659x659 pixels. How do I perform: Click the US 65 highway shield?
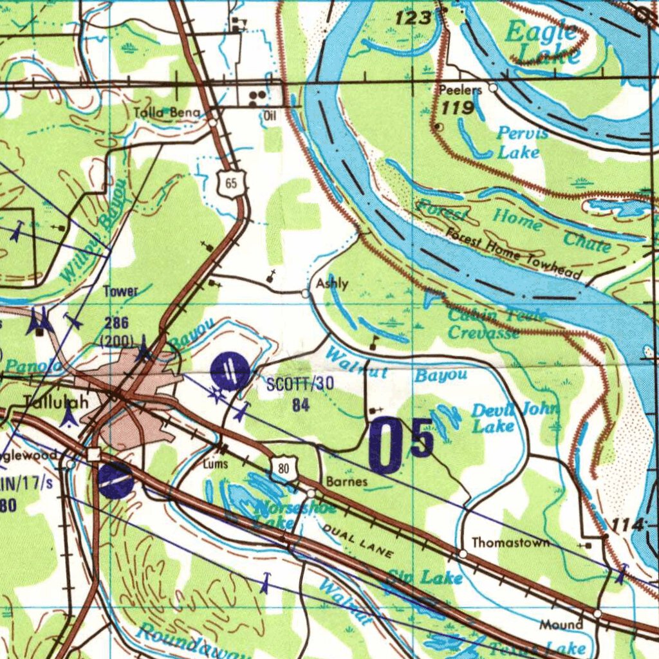231,184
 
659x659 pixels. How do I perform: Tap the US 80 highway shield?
284,468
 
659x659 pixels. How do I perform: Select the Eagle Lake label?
543,42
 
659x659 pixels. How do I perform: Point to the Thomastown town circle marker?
463,553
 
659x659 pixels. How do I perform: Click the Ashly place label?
332,284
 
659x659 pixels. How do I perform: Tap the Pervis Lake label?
521,142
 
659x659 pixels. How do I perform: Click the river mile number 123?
413,19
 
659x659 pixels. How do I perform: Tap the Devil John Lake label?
515,418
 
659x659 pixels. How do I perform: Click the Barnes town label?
346,481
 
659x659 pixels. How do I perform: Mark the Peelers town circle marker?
493,88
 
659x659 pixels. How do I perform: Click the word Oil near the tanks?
270,116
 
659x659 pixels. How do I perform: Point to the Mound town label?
561,624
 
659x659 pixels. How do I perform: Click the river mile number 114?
627,525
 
